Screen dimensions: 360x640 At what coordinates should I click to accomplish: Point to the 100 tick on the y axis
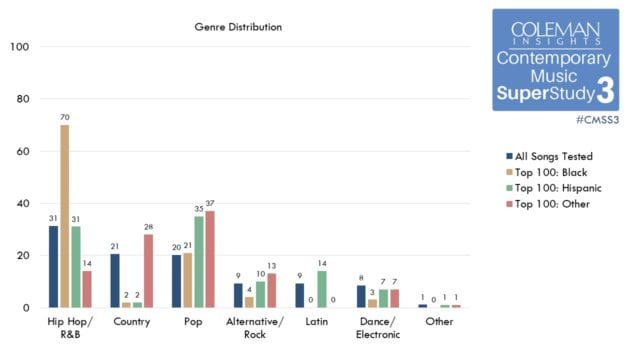20,47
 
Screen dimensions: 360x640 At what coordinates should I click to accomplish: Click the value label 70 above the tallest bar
64,117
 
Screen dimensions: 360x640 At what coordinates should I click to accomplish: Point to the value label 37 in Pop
209,204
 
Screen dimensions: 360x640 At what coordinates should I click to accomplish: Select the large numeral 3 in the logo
605,92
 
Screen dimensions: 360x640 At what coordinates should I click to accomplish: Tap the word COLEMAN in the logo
555,31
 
